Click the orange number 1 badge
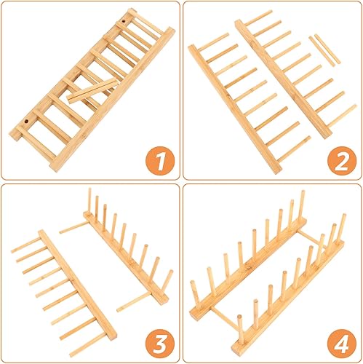(x=160, y=162)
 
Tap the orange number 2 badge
(x=342, y=162)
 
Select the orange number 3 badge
(x=160, y=344)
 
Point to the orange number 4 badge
(x=342, y=344)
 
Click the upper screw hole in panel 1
(x=124, y=21)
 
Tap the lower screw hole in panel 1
(x=26, y=121)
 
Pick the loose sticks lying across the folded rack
(x=93, y=90)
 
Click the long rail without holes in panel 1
(x=112, y=100)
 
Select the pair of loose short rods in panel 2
(x=324, y=50)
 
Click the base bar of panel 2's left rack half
(x=235, y=108)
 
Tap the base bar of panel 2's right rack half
(x=283, y=79)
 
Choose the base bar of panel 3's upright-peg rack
(x=126, y=258)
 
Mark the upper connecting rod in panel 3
(x=73, y=227)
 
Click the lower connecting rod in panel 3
(x=133, y=301)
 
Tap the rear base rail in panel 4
(x=248, y=269)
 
